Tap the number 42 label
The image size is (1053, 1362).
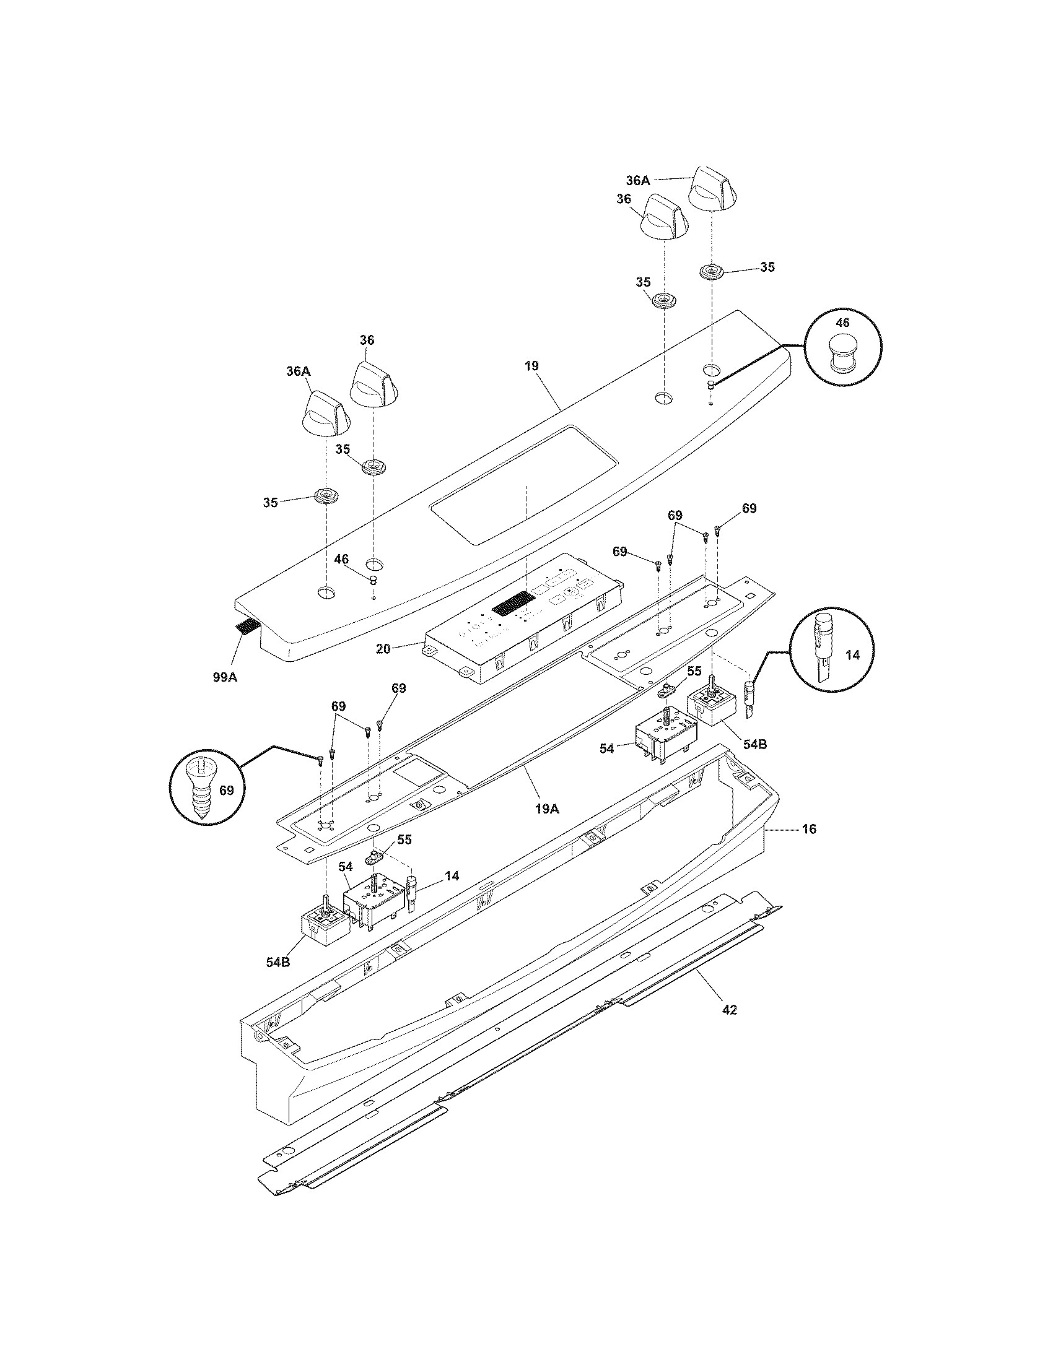coord(729,1009)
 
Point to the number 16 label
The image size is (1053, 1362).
coord(808,829)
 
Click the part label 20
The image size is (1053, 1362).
coord(383,649)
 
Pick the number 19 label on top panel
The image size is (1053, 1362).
coord(531,365)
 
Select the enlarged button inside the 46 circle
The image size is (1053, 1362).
coord(842,354)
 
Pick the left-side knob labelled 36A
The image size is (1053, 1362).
coord(325,413)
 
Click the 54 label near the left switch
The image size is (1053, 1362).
coord(346,865)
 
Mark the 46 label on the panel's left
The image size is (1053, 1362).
coord(341,560)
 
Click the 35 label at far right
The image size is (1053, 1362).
coord(767,267)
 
